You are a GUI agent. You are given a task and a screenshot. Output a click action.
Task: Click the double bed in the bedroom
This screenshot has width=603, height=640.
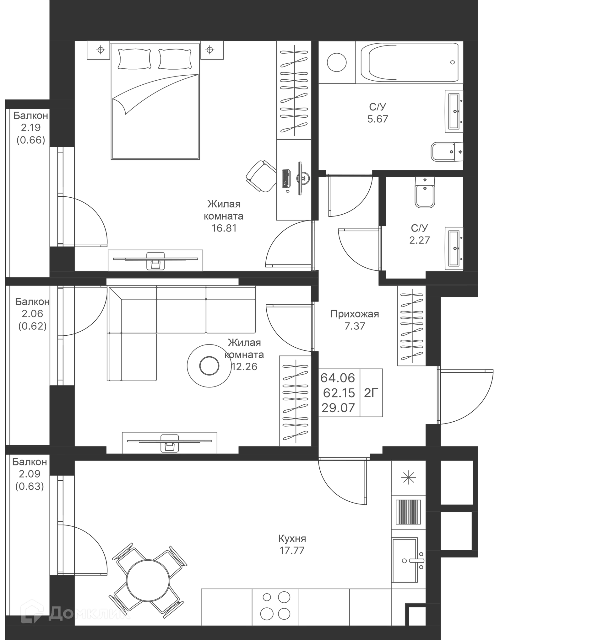[x=155, y=109]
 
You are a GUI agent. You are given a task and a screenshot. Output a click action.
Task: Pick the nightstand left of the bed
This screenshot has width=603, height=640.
[x=99, y=51]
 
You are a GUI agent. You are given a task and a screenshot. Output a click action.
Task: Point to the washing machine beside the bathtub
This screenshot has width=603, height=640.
[x=336, y=62]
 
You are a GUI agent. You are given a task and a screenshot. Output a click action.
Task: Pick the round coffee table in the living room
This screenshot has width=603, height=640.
[x=209, y=365]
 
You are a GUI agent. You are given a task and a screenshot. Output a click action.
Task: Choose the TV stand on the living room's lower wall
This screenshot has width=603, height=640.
[x=170, y=441]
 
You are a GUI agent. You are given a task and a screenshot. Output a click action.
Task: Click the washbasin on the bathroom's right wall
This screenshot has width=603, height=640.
[x=453, y=111]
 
